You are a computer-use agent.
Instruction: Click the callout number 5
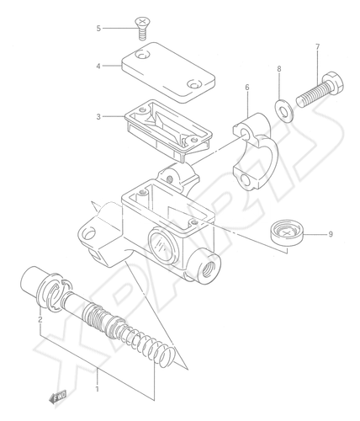(98, 29)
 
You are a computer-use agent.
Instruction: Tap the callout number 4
(98, 66)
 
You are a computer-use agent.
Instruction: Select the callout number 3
(98, 116)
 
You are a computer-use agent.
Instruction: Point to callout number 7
(317, 47)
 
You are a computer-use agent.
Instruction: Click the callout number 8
(279, 68)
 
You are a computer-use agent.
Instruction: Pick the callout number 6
(247, 88)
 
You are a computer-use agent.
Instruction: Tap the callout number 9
(331, 234)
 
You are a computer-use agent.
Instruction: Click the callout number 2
(40, 319)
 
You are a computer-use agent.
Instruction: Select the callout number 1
(98, 389)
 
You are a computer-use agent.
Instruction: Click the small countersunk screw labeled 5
(143, 28)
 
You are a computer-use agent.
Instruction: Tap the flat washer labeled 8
(283, 110)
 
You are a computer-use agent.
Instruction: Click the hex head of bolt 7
(334, 82)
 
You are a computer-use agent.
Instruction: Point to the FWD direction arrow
(58, 398)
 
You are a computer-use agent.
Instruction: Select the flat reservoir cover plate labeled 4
(168, 72)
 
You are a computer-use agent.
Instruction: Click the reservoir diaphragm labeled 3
(167, 130)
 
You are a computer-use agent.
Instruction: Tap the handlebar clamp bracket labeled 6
(256, 152)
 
